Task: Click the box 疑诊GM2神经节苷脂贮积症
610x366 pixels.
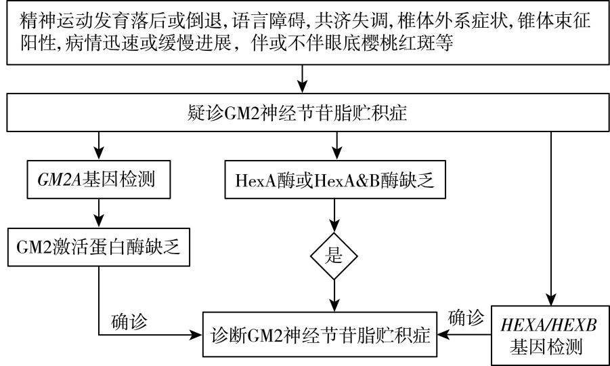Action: [x=305, y=111]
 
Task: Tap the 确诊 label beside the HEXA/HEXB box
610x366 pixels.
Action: [x=466, y=317]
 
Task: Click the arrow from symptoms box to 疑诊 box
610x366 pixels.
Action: [x=303, y=79]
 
